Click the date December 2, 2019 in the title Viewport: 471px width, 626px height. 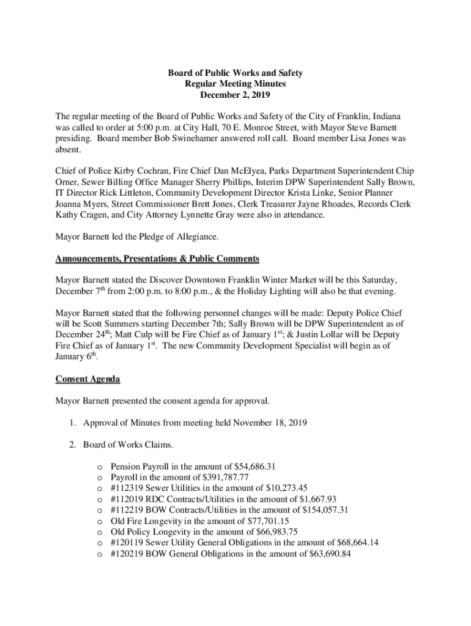tap(236, 95)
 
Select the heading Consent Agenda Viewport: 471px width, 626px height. tap(87, 379)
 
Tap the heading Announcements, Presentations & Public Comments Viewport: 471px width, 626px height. tap(157, 259)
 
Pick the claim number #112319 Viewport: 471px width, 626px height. tap(127, 488)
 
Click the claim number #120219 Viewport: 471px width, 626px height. tap(127, 554)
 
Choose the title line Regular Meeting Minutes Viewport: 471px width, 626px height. tap(236, 84)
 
